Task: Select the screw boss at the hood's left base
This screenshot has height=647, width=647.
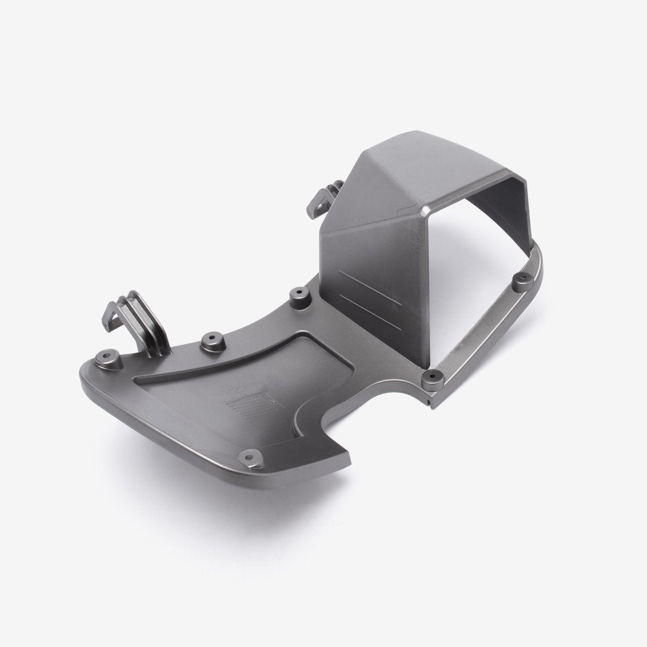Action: pos(298,296)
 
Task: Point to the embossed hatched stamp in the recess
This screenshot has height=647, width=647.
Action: pos(253,405)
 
